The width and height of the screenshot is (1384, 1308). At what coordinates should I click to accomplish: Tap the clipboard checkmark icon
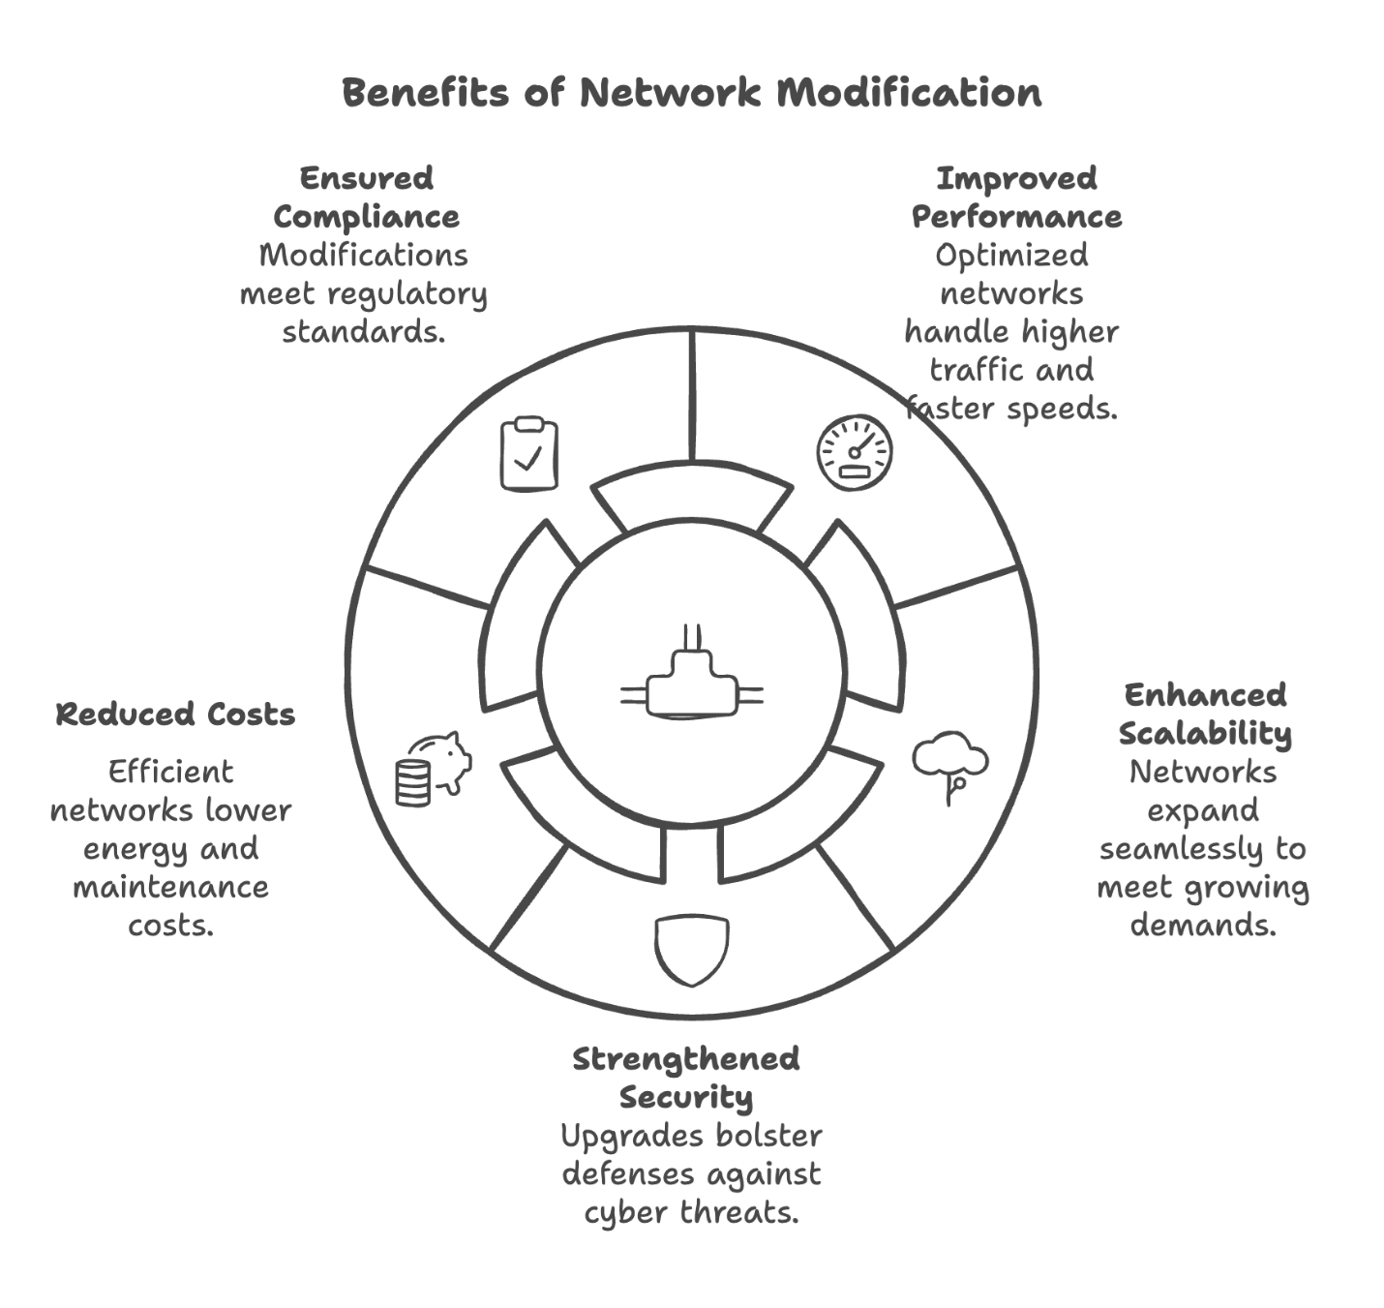click(528, 454)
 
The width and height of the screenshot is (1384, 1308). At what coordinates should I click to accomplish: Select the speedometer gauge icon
click(854, 452)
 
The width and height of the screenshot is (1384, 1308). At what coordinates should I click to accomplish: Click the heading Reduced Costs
click(175, 715)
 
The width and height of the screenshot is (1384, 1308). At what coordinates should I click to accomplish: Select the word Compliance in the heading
click(366, 217)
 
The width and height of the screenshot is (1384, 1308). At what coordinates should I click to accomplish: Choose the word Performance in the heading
click(1016, 217)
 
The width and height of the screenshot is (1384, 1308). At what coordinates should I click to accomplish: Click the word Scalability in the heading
click(1205, 733)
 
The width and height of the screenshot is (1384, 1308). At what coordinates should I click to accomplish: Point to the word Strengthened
click(685, 1058)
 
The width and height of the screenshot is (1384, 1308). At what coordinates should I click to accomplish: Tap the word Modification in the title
click(910, 93)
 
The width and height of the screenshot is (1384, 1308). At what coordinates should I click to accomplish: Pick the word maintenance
click(170, 887)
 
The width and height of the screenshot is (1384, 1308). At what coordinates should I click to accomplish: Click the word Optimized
click(1011, 256)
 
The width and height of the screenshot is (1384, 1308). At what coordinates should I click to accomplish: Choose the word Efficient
click(170, 772)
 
